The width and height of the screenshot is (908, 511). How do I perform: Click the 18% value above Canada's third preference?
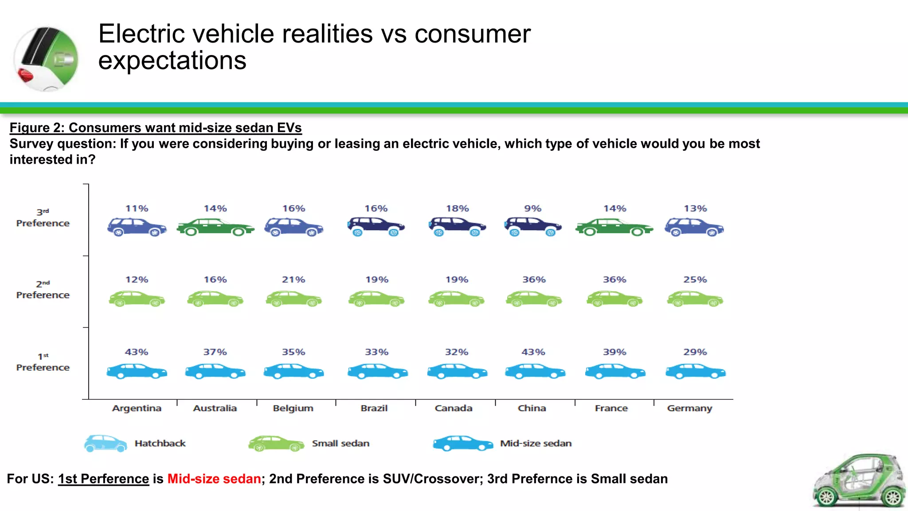coord(457,208)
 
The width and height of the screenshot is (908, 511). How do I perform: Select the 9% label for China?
coord(532,208)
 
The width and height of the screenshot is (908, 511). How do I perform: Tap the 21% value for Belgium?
coord(294,280)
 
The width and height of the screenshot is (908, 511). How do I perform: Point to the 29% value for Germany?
coord(695,352)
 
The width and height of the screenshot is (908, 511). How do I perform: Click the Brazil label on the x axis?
coord(374,408)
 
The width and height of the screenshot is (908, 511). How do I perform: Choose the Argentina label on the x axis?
coord(137,408)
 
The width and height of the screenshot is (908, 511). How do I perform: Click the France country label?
coord(611,408)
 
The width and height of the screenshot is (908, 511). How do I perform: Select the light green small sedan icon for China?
coord(534,299)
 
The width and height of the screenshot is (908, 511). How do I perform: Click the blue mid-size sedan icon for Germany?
coord(695,371)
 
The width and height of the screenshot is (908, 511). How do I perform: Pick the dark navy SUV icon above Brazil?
coord(376,227)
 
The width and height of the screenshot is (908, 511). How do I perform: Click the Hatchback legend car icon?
coord(106,444)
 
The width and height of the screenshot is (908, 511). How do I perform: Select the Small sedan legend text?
coord(340,444)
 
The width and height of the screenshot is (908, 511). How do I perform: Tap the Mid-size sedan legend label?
coord(536,444)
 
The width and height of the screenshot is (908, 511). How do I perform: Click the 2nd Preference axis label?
coord(43,290)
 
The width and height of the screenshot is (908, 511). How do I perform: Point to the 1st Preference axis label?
coord(43,362)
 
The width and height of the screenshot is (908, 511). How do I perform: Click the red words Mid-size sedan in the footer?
coord(214,479)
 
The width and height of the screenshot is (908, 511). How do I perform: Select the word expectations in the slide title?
coord(172,61)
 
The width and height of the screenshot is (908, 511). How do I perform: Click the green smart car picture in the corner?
coord(859,481)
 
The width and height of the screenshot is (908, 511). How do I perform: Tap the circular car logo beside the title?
coord(46,59)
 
